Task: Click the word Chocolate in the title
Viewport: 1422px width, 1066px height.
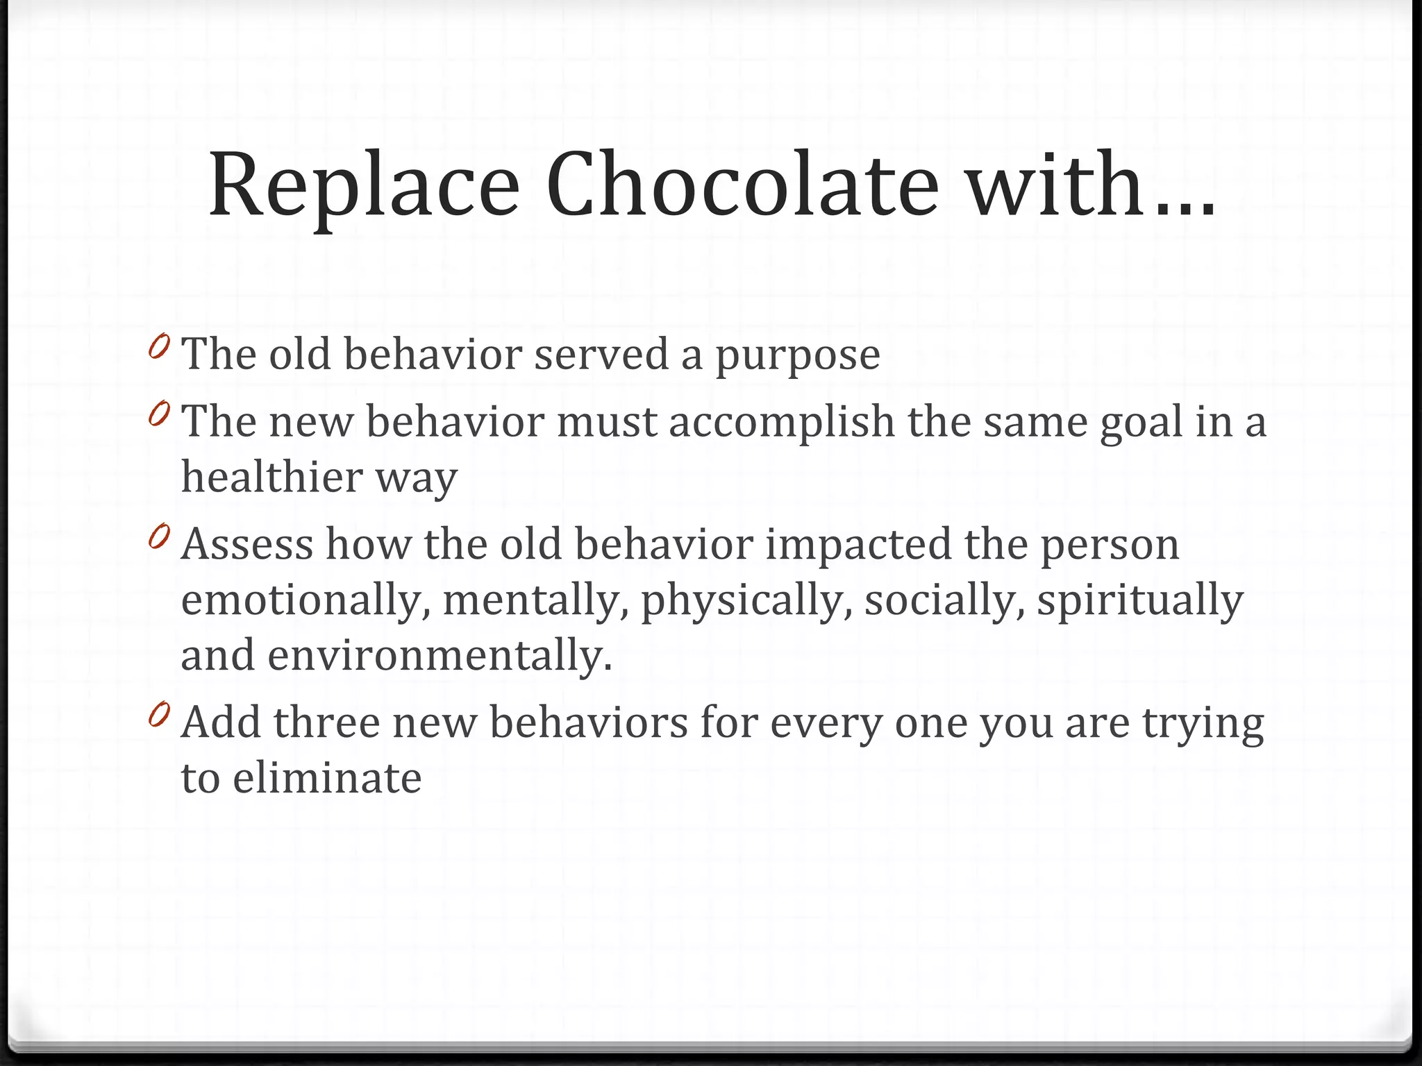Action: (x=742, y=184)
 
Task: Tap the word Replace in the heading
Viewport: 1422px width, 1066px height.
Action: (x=364, y=184)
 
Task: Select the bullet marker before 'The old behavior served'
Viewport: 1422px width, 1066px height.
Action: (x=159, y=346)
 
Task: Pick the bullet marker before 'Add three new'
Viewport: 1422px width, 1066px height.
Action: (x=159, y=714)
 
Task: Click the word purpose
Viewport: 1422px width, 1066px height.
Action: (x=798, y=355)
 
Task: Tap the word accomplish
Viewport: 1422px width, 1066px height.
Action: (x=782, y=423)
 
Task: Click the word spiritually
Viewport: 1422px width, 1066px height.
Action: (x=1139, y=600)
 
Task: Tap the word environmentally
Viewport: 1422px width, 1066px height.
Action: (x=440, y=655)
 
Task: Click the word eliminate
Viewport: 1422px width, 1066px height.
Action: (x=327, y=778)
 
